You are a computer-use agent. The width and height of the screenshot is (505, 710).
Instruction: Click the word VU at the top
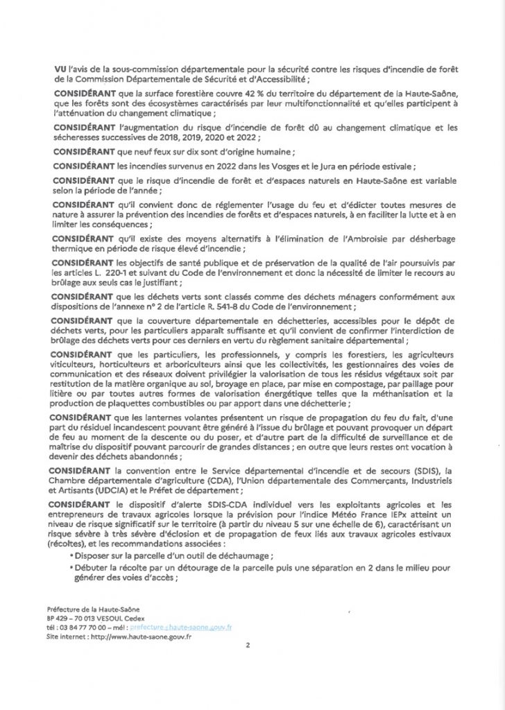(60, 69)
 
